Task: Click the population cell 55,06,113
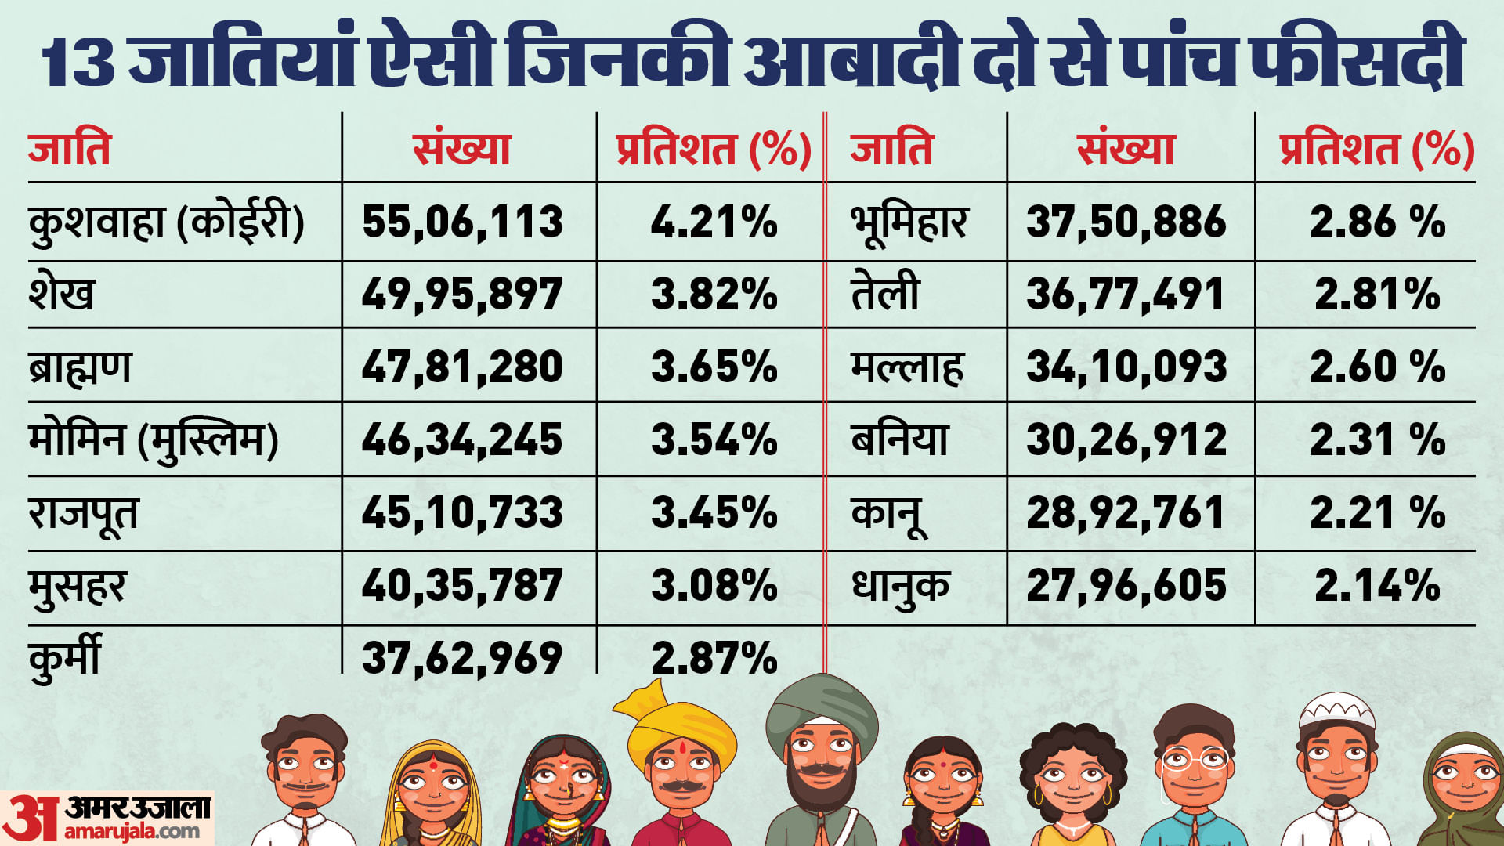[x=462, y=222]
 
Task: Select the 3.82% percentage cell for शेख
[x=714, y=295]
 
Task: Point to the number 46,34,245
[x=462, y=440]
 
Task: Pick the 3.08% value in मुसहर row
[x=714, y=586]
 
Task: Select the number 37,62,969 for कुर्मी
[x=462, y=658]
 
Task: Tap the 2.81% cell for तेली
[x=1377, y=295]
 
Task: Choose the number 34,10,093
[x=1126, y=367]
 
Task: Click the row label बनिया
[x=899, y=440]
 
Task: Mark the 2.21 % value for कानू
[x=1377, y=513]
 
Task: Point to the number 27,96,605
[x=1126, y=586]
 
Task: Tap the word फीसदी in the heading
[x=1355, y=59]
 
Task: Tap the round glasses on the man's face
[x=1194, y=759]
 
